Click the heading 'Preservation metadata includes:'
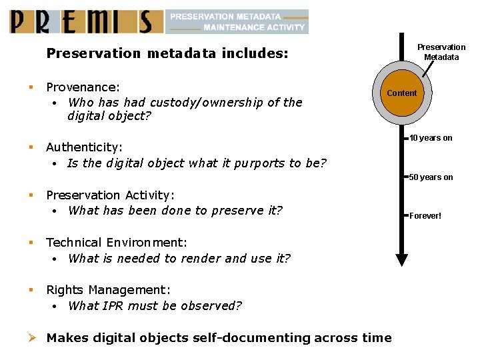[167, 53]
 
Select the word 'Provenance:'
[83, 87]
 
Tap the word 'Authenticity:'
[84, 147]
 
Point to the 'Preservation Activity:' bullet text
[110, 195]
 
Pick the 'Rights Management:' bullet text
[108, 290]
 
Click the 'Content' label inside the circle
[401, 93]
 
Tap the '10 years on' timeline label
[431, 138]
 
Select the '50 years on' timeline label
[431, 177]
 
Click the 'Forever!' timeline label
[425, 216]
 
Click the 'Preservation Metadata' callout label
[441, 52]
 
